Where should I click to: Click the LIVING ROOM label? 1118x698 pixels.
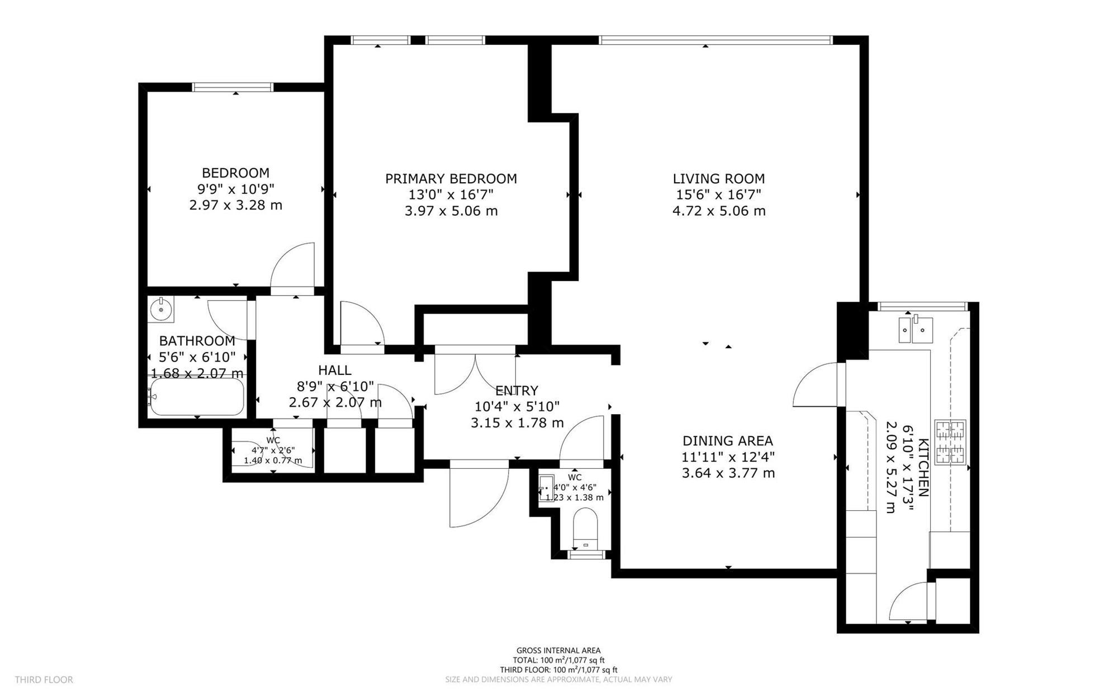click(x=718, y=179)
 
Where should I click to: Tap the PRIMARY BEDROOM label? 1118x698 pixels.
click(x=451, y=179)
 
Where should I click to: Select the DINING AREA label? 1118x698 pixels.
click(x=728, y=440)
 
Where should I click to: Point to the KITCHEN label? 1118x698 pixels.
click(x=923, y=467)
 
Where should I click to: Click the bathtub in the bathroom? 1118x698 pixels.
click(x=197, y=396)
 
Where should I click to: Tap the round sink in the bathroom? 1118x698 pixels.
click(x=162, y=309)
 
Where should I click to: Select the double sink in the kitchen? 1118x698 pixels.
click(x=915, y=330)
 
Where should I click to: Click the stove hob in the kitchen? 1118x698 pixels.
click(x=951, y=441)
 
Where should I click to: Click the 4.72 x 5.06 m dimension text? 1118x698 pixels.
click(x=719, y=211)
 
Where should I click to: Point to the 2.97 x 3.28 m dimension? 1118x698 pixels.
click(x=235, y=205)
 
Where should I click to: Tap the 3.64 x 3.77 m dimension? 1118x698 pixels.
click(x=728, y=473)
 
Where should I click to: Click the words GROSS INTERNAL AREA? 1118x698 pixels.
click(x=558, y=650)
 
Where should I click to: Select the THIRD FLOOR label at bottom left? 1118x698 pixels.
click(x=44, y=680)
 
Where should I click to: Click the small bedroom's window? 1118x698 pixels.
click(x=233, y=87)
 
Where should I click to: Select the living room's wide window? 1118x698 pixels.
click(x=716, y=40)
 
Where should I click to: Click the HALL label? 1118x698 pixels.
click(x=335, y=370)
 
